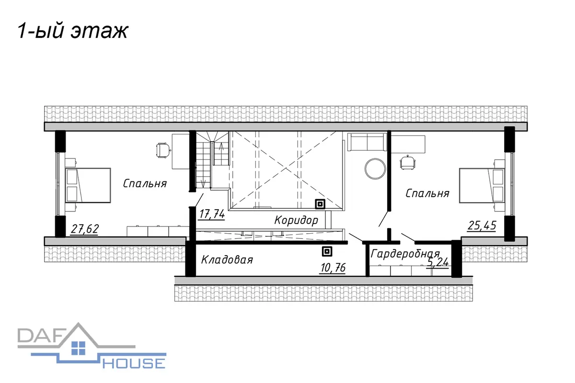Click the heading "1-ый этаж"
(x=73, y=31)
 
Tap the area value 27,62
(x=85, y=229)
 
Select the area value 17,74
(x=212, y=214)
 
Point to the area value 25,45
(x=482, y=226)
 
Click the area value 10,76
(x=333, y=268)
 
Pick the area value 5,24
(x=437, y=262)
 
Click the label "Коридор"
(x=296, y=220)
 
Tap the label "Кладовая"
(x=227, y=259)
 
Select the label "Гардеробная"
(x=405, y=254)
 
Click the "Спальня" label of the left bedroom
(x=145, y=184)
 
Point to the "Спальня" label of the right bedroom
(x=427, y=193)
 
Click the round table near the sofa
(x=375, y=169)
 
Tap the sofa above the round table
(x=367, y=142)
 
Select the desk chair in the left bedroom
(x=163, y=150)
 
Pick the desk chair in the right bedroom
(x=408, y=162)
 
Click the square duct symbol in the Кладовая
(x=327, y=252)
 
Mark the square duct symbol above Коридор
(x=320, y=204)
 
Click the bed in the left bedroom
(x=88, y=185)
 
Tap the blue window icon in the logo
(x=78, y=348)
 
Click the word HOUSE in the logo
(x=134, y=364)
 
